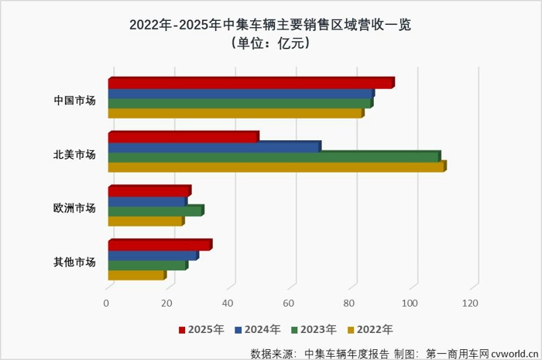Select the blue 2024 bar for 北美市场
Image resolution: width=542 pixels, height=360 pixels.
pos(213,147)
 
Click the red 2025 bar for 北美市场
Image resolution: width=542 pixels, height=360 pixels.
pos(182,137)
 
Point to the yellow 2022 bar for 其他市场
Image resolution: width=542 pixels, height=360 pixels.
pos(135,275)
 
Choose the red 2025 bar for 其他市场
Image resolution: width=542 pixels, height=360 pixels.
pos(159,245)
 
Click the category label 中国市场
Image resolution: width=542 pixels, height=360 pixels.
pos(74,100)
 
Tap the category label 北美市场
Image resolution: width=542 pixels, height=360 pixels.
pos(74,154)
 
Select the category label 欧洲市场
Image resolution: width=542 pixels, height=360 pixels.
pos(74,207)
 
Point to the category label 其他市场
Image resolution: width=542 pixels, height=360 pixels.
pos(74,262)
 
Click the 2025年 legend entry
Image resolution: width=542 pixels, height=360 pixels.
pos(202,329)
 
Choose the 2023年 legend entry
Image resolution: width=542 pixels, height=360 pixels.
pos(314,329)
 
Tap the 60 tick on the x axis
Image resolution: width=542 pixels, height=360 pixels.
pos(289,304)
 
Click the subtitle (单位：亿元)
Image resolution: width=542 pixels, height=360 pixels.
pos(270,43)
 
